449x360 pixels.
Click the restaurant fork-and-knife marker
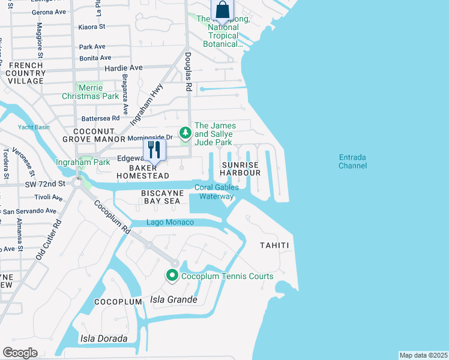pyautogui.click(x=154, y=149)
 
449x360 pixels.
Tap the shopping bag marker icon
pyautogui.click(x=222, y=10)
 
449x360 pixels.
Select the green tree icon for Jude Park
pyautogui.click(x=185, y=132)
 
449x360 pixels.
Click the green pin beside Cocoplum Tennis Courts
pyautogui.click(x=172, y=276)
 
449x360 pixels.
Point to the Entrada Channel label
pyautogui.click(x=352, y=161)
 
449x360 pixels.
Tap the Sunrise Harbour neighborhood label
pyautogui.click(x=241, y=169)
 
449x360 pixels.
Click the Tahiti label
pyautogui.click(x=274, y=245)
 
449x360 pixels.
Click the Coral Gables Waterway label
pyautogui.click(x=216, y=191)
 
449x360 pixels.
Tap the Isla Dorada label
pyautogui.click(x=104, y=339)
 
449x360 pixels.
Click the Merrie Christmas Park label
pyautogui.click(x=90, y=92)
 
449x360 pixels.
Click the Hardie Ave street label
pyautogui.click(x=123, y=68)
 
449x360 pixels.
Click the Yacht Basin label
pyautogui.click(x=34, y=127)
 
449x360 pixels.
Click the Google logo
pyautogui.click(x=20, y=353)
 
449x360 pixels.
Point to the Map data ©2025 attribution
pyautogui.click(x=423, y=355)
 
